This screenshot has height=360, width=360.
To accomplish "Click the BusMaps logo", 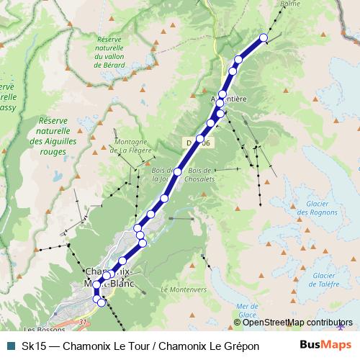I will click(x=325, y=346).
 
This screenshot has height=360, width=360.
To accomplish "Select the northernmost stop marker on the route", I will click(x=263, y=37).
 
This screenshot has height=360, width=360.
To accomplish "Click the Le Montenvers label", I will click(x=184, y=289).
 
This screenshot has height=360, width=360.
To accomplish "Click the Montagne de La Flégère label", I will click(x=131, y=147).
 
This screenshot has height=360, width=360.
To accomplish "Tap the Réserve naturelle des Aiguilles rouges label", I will click(x=53, y=136).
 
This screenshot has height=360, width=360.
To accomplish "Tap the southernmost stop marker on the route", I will click(x=102, y=302).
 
